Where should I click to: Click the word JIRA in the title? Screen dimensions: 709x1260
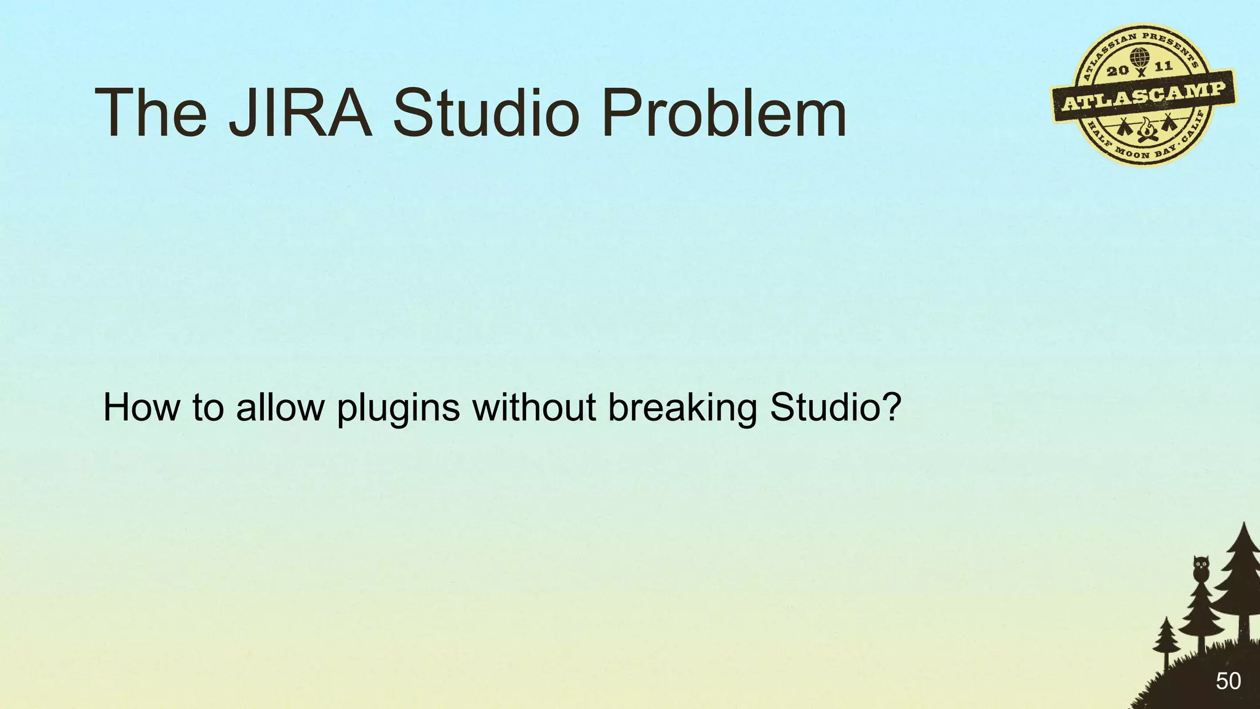[300, 113]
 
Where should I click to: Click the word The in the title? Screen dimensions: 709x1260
[151, 113]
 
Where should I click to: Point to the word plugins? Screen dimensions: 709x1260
[398, 409]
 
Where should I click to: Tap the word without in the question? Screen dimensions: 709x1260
[534, 407]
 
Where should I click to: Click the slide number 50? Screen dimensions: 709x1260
[1228, 681]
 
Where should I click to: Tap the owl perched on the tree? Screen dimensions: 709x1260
[1201, 569]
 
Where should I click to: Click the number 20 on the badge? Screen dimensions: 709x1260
[1118, 70]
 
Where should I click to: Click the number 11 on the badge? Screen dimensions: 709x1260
[1163, 66]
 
